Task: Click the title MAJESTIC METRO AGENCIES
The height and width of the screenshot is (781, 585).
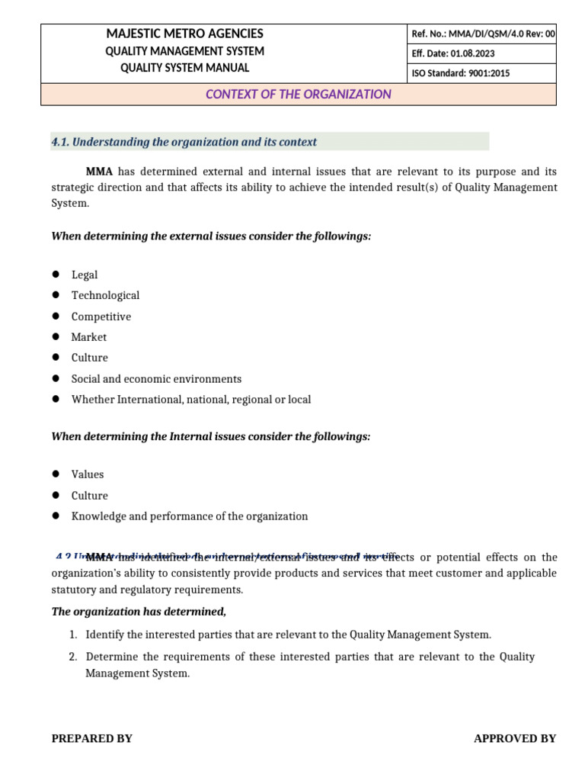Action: tap(185, 34)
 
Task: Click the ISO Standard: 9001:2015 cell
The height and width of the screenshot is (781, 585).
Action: tap(460, 73)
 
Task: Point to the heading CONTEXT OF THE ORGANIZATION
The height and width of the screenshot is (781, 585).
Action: tap(298, 95)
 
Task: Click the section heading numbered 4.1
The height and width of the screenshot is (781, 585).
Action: tap(184, 142)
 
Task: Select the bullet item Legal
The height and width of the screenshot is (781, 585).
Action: tap(85, 275)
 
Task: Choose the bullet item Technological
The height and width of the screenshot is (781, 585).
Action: tap(105, 295)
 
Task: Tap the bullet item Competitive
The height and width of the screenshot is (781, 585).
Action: tap(101, 317)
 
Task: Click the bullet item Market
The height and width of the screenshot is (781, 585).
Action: tap(89, 337)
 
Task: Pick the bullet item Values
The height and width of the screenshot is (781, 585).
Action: tap(88, 474)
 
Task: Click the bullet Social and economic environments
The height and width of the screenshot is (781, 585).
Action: tap(156, 379)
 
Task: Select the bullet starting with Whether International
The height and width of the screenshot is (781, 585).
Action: tap(190, 400)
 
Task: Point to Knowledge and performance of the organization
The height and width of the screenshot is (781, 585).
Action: tap(190, 516)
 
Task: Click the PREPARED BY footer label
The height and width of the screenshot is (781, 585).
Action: tap(91, 738)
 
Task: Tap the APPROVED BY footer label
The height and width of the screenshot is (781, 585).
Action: tap(515, 738)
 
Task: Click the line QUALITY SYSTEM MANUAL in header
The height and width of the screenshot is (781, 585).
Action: tap(185, 68)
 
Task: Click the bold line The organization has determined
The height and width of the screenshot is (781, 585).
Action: tap(139, 612)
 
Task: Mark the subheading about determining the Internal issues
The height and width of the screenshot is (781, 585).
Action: tap(210, 437)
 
